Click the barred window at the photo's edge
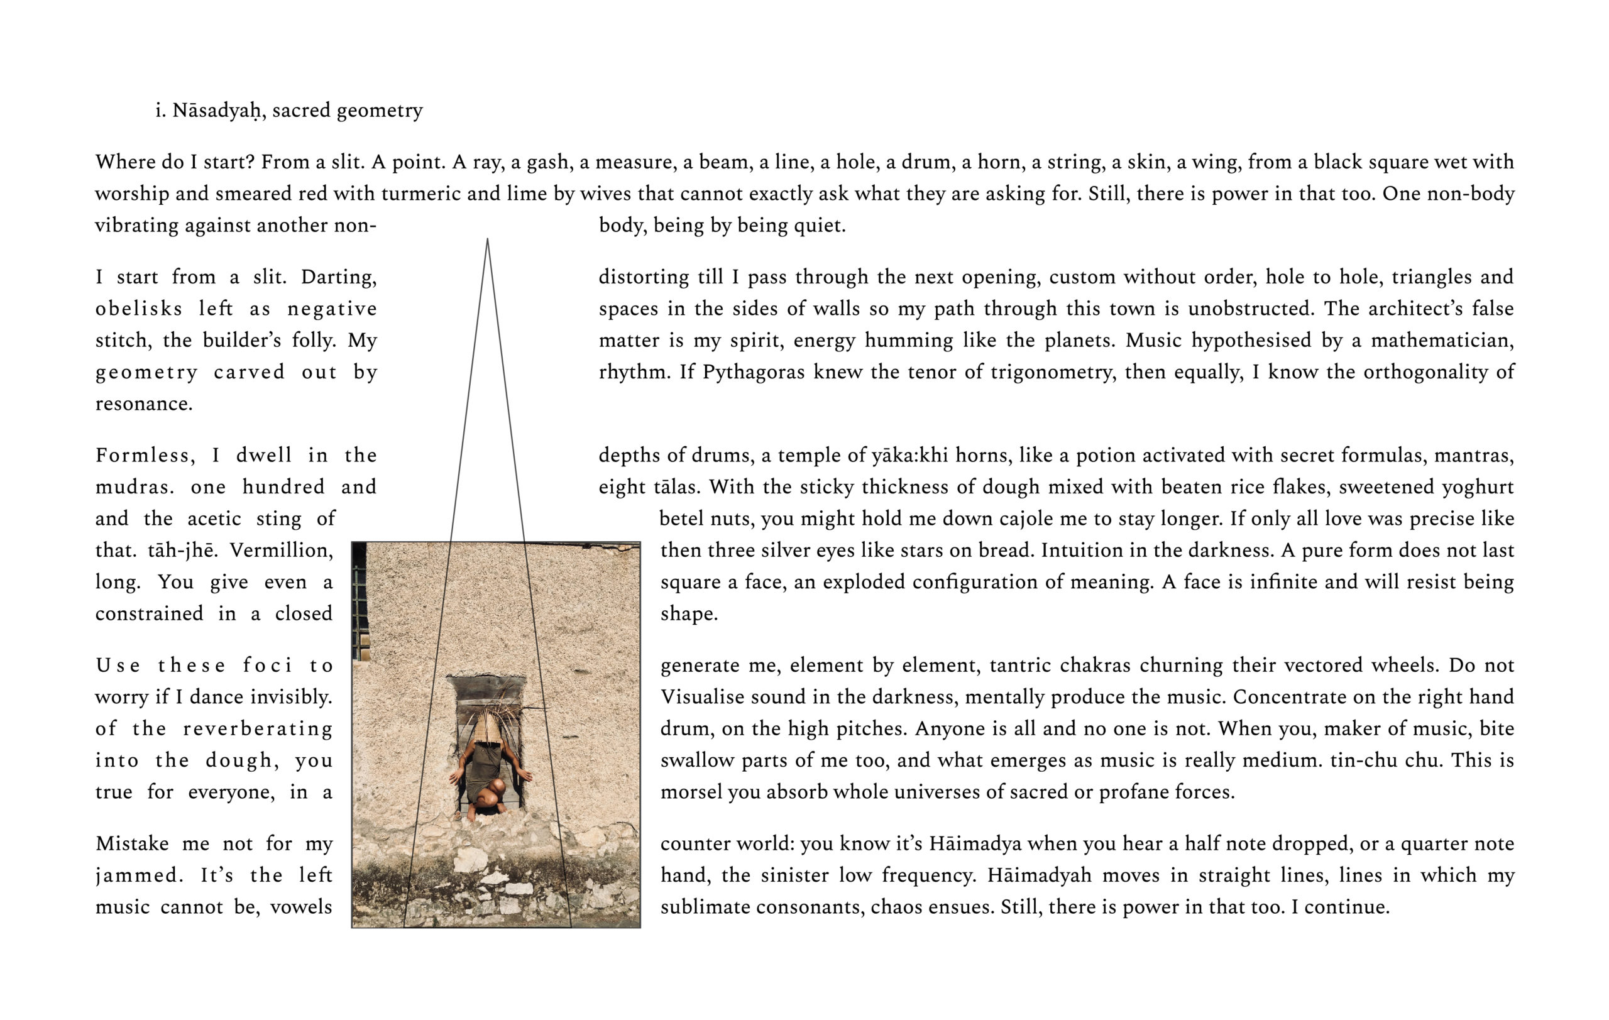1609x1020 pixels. [360, 601]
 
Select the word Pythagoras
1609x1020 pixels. [753, 372]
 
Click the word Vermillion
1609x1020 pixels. [282, 551]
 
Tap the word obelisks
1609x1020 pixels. [138, 309]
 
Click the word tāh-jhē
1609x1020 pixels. [182, 551]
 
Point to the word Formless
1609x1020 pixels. [145, 456]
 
